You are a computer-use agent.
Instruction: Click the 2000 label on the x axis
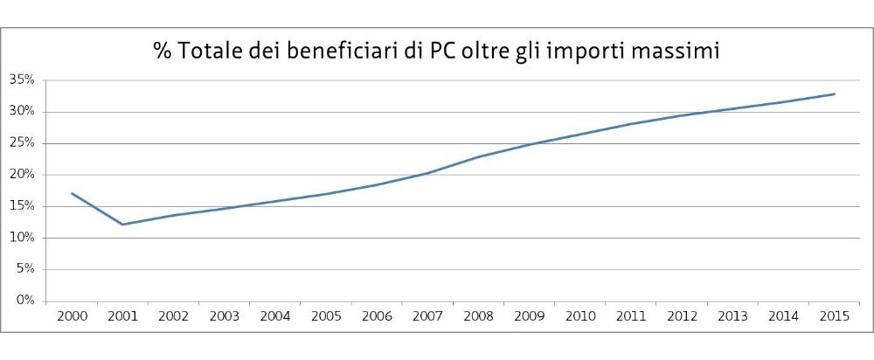[x=72, y=315]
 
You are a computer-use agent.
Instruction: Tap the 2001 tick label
[x=122, y=315]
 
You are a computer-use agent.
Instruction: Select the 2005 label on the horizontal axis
[x=325, y=315]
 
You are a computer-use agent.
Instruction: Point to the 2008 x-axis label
[x=478, y=315]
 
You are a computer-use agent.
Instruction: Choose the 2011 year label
[x=631, y=315]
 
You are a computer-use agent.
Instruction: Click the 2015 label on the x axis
[x=835, y=315]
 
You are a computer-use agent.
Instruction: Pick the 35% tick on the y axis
[x=22, y=80]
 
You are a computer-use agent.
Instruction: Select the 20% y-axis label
[x=22, y=175]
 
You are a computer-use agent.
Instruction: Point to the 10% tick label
[x=22, y=238]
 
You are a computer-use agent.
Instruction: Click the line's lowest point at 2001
[x=122, y=225]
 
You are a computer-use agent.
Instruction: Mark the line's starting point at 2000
[x=72, y=193]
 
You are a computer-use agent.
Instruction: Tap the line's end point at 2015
[x=835, y=94]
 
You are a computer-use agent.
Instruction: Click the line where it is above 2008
[x=478, y=157]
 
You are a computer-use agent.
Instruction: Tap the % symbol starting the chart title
[x=163, y=52]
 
